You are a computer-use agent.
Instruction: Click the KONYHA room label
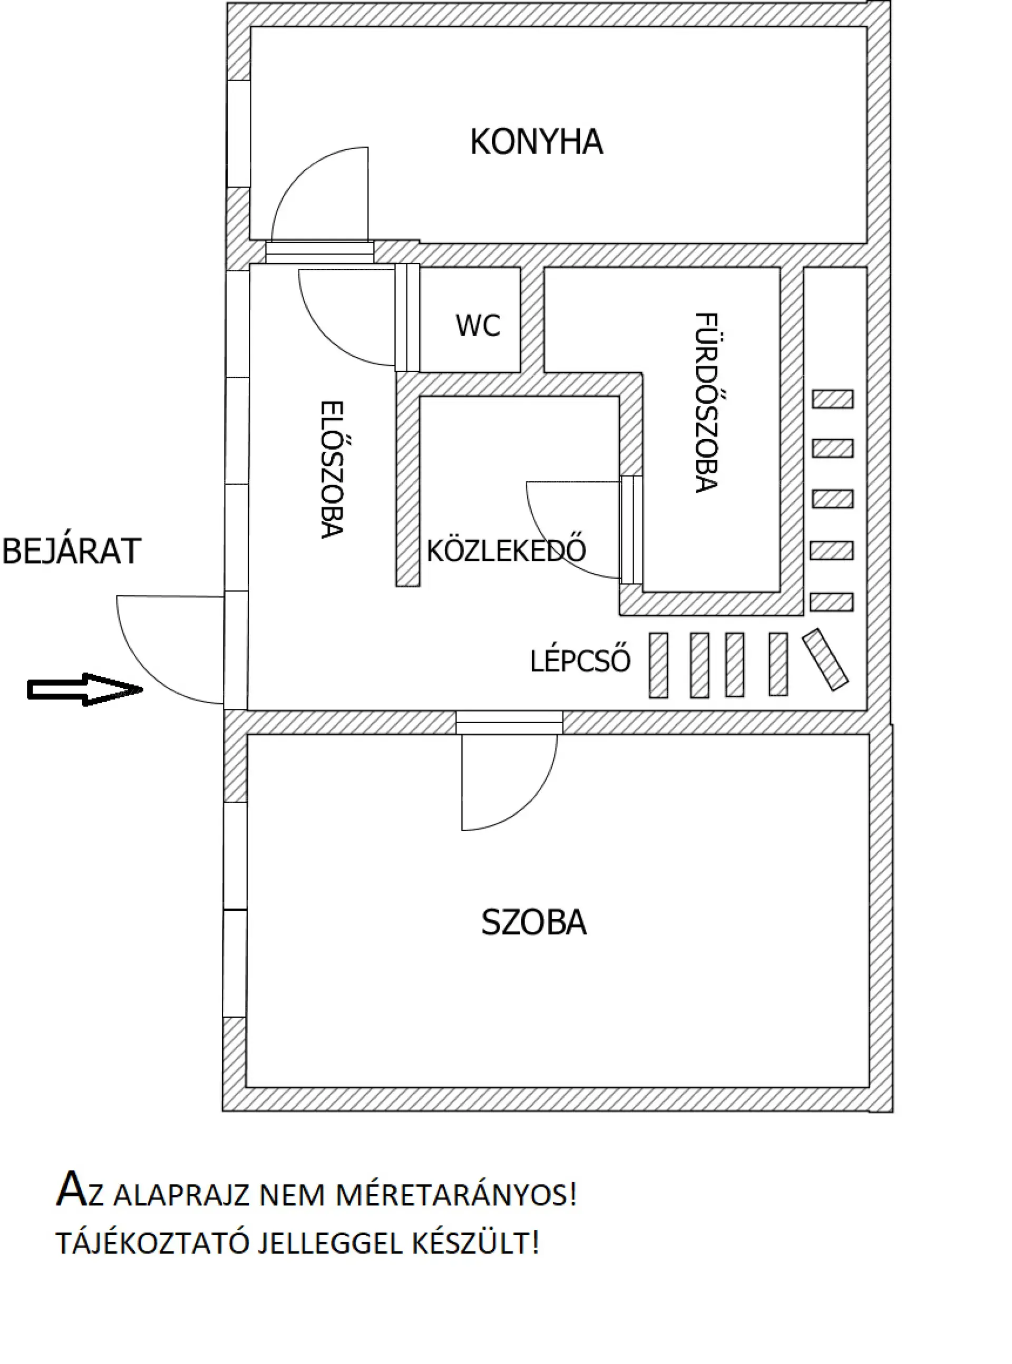tap(536, 142)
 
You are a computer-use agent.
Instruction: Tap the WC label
tap(478, 325)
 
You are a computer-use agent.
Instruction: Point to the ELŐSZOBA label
tap(332, 469)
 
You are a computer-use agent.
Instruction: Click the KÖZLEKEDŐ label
tap(506, 551)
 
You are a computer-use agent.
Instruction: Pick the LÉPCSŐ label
tap(579, 661)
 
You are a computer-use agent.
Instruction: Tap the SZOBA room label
tap(533, 922)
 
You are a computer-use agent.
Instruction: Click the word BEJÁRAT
tap(72, 551)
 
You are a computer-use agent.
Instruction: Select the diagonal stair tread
tap(825, 660)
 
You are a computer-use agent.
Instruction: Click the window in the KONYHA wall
tap(238, 133)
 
